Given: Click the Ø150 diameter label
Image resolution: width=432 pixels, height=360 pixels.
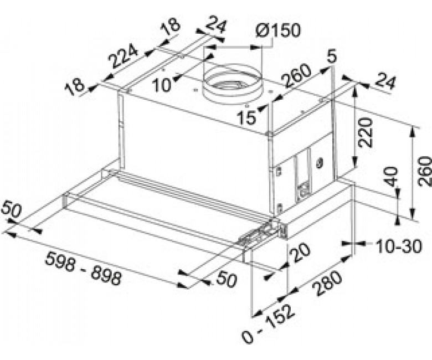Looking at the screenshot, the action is coord(277,30).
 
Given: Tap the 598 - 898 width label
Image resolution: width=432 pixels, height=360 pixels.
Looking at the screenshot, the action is coord(83,270).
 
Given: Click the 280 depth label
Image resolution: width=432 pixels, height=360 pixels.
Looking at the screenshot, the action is coord(328,284).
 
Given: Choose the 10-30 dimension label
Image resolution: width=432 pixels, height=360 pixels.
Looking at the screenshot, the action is coord(399,246).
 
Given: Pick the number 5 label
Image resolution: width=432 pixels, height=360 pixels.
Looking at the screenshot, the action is coord(332,56).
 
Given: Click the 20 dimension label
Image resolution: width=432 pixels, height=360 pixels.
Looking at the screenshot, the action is coord(301,252).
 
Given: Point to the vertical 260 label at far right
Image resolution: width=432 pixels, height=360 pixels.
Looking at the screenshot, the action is coord(425,171).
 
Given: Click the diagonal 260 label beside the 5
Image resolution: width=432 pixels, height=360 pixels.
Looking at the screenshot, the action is coord(297,75).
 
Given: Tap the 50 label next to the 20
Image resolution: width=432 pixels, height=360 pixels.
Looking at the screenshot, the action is coord(227,280).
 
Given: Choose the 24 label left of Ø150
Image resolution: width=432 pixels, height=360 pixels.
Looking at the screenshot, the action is coord(216,25).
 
